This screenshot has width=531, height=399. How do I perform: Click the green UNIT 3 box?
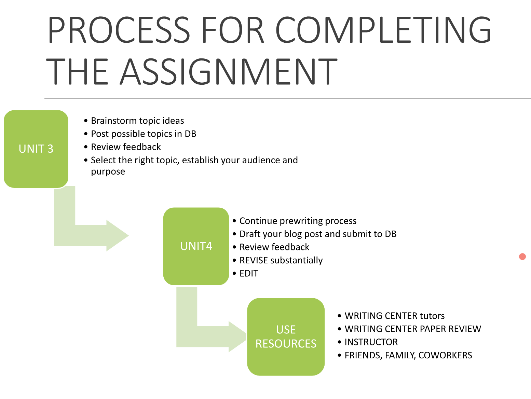[x=36, y=149]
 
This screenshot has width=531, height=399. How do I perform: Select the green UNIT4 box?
[x=196, y=246]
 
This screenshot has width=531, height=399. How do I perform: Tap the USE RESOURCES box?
[x=286, y=336]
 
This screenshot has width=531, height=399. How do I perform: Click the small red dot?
[x=522, y=257]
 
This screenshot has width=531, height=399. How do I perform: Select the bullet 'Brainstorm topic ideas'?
[x=137, y=121]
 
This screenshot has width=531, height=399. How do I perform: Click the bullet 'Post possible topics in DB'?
[x=144, y=134]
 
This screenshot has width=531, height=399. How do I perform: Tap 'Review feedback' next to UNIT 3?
[x=126, y=147]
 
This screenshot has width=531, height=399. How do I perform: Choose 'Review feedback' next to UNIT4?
[x=274, y=247]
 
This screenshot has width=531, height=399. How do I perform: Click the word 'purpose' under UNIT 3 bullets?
[x=108, y=172]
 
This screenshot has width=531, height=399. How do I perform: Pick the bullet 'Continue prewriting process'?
[x=298, y=221]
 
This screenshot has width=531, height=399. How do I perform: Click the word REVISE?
[x=254, y=260]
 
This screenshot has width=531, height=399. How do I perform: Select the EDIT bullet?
[x=249, y=273]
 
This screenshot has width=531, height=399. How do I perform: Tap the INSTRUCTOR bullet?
[x=371, y=342]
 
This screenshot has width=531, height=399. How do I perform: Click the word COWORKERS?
[x=445, y=355]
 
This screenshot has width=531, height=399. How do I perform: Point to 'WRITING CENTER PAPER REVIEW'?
[x=413, y=329]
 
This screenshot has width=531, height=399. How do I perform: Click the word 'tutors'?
[x=432, y=316]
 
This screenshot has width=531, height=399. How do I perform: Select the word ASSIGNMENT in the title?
[x=228, y=72]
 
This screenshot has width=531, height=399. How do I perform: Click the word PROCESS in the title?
[x=119, y=30]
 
